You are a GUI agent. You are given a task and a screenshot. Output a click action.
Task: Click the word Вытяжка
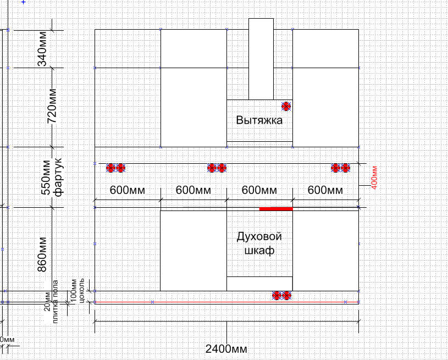point(259,120)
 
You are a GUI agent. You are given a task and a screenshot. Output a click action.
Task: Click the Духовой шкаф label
point(259,243)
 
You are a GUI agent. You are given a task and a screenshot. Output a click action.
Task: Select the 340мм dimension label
point(42,48)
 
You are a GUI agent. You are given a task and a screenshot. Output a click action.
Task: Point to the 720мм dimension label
point(52,106)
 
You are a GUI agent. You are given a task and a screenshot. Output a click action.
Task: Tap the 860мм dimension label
point(42,254)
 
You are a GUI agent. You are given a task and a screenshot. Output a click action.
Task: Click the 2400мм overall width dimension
point(226,349)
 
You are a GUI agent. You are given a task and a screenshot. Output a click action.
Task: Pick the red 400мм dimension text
point(374,178)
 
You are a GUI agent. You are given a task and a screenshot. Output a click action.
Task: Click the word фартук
point(59,177)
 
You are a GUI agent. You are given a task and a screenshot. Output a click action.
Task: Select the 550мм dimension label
point(46,177)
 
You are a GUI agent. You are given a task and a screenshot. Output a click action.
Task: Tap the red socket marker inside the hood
point(286,107)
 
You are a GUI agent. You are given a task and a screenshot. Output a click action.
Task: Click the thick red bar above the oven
point(276,209)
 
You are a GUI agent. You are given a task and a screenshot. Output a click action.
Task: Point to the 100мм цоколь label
point(78,291)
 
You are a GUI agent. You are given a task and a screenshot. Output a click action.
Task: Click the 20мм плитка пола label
point(52,301)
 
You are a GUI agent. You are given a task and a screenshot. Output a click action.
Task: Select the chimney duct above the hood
point(261,59)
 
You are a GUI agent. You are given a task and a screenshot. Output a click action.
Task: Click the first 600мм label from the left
point(128,190)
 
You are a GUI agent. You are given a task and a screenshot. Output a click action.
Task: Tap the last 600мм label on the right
point(325,190)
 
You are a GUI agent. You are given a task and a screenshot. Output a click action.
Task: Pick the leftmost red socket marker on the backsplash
point(110,168)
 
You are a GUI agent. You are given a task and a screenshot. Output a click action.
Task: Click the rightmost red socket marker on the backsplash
point(345,168)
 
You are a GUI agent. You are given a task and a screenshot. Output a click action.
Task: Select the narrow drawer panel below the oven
point(259,284)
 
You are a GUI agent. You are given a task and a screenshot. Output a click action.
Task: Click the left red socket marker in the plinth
point(276,296)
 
